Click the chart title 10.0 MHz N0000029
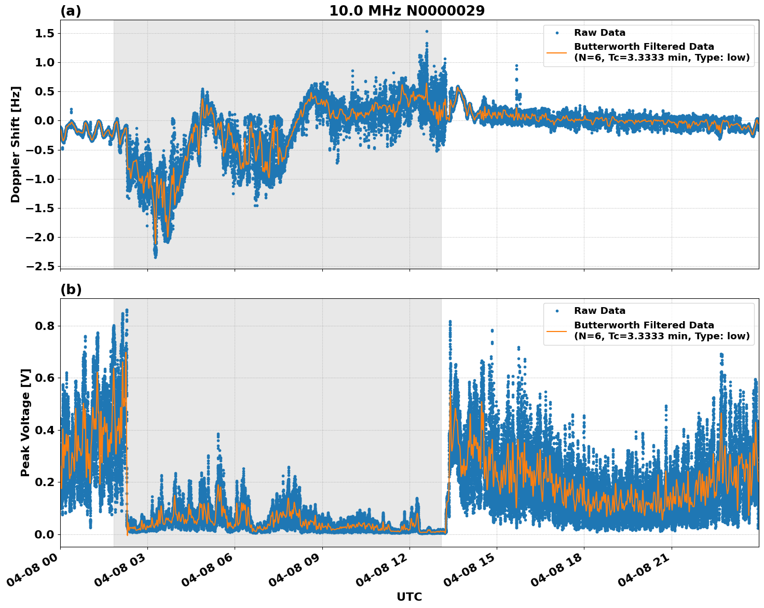click(406, 11)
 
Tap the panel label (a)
click(71, 11)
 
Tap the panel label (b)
click(71, 289)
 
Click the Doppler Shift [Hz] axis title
click(16, 144)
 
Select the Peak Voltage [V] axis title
click(25, 422)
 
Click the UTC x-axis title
click(409, 597)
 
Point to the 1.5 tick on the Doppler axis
click(44, 34)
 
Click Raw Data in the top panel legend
click(599, 33)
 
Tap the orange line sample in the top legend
click(557, 52)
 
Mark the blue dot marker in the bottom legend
click(557, 311)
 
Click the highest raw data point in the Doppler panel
click(427, 31)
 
